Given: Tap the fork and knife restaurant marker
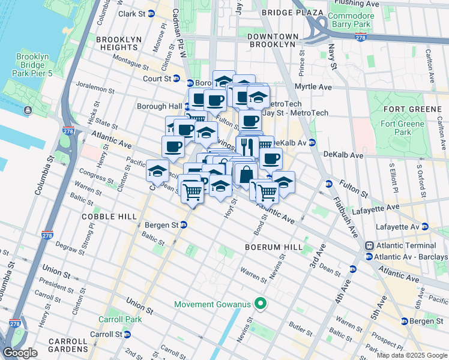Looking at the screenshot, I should click(247, 146).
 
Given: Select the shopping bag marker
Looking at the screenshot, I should click(246, 175).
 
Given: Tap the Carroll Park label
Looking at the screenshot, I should click(121, 319).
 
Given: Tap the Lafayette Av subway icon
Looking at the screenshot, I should click(425, 226).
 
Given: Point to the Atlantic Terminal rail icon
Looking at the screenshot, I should click(369, 245).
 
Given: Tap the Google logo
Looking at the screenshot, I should click(20, 353).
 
